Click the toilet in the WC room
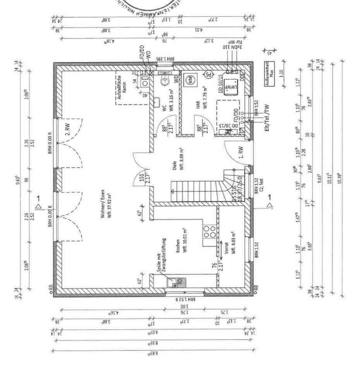(x=165, y=80)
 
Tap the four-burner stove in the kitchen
(x=210, y=231)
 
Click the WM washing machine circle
(x=190, y=80)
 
